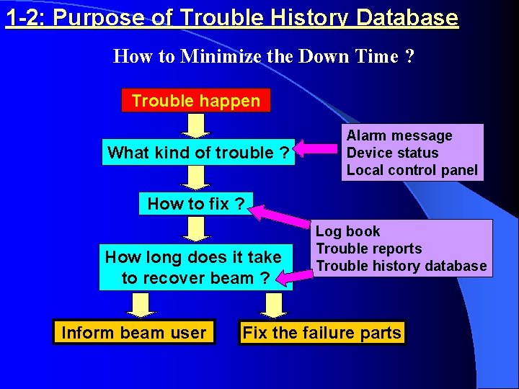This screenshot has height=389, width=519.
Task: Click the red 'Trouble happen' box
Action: [x=195, y=100]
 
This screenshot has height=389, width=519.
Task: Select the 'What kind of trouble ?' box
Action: [x=198, y=152]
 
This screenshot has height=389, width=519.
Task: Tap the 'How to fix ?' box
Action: [x=195, y=204]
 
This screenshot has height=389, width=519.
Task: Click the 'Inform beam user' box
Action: [x=134, y=332]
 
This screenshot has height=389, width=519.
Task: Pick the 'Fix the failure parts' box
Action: [x=322, y=332]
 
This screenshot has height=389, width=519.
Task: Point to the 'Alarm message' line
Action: [x=399, y=135]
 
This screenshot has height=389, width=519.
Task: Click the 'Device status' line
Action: [x=392, y=153]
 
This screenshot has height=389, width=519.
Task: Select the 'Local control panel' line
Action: [x=412, y=170]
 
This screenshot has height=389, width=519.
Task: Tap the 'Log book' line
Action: [x=347, y=231]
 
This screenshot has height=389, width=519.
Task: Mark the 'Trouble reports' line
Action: [x=368, y=249]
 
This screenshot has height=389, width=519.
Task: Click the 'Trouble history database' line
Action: [x=402, y=266]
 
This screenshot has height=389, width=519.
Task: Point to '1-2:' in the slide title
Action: [x=26, y=17]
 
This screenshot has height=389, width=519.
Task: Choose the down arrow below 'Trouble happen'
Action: [x=195, y=125]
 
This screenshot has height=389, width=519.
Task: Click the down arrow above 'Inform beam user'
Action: [x=142, y=305]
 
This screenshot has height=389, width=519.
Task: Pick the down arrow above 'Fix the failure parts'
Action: [x=274, y=305]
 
